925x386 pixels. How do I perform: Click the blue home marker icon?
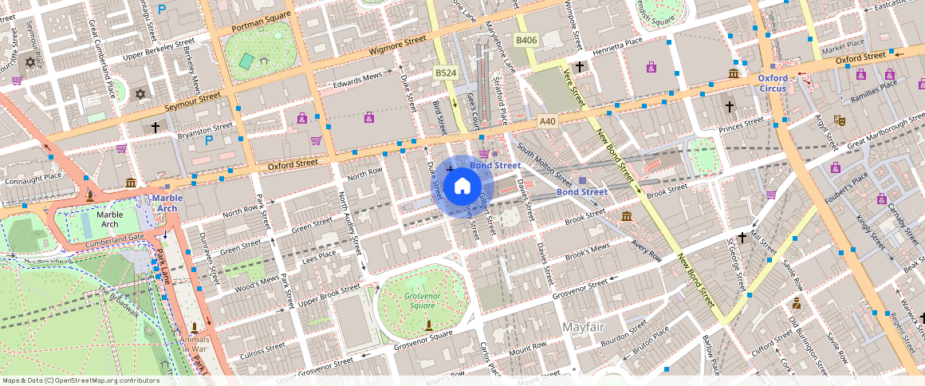[x=462, y=187]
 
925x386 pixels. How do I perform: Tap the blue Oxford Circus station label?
[x=772, y=84]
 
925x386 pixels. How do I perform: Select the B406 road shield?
[x=525, y=40]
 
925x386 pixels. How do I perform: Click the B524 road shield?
[x=445, y=73]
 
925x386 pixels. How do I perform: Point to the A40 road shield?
[x=546, y=121]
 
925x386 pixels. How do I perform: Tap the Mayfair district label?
[x=588, y=328]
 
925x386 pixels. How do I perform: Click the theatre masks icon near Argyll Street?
[x=838, y=120]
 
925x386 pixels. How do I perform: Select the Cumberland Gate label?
[x=113, y=238]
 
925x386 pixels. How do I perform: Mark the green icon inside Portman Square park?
[x=246, y=61]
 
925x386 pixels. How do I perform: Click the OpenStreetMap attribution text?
[x=81, y=380]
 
